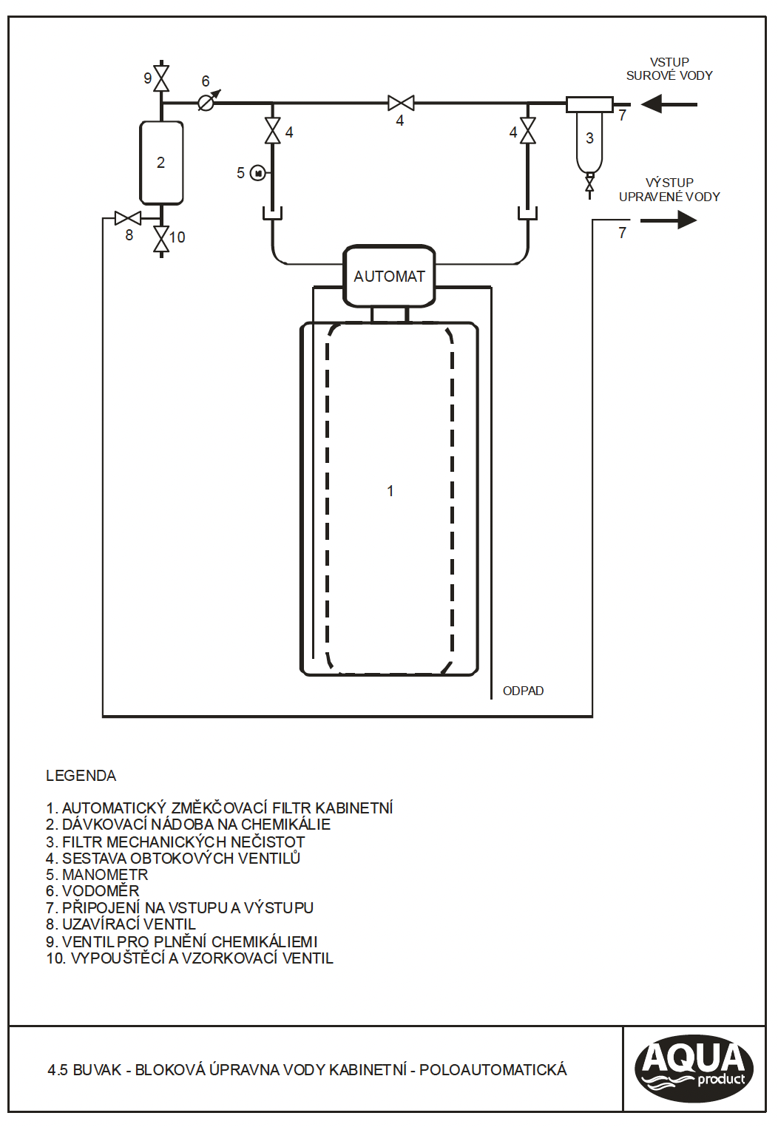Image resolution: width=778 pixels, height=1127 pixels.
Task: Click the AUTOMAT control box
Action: [389, 276]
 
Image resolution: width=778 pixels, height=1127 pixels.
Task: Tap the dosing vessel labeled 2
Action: [161, 163]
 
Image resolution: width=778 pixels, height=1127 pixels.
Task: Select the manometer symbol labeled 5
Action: [258, 173]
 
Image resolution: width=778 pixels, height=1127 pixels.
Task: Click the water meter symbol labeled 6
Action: [206, 103]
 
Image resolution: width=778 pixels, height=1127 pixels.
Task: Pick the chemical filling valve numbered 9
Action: [161, 78]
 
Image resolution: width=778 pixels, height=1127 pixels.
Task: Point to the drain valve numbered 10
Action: [161, 239]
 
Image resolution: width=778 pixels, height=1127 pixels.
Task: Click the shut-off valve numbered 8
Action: [128, 218]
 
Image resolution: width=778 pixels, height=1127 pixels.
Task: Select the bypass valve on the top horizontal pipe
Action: [401, 103]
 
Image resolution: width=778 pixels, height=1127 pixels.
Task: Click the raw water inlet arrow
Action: [669, 104]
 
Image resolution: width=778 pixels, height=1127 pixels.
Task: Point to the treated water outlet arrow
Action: [669, 220]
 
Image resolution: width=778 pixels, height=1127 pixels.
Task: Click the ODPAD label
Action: [523, 691]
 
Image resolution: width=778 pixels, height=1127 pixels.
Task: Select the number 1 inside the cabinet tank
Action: [390, 491]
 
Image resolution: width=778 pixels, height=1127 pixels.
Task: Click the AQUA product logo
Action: [694, 1069]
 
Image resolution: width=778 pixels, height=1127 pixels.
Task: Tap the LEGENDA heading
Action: [81, 776]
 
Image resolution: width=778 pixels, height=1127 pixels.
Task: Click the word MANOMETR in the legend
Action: [105, 875]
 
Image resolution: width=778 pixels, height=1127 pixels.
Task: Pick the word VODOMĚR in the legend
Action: [101, 891]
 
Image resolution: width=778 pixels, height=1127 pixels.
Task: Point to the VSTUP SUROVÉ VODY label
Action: [669, 69]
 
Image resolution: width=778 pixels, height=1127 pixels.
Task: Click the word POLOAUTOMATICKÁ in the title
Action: [493, 1070]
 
